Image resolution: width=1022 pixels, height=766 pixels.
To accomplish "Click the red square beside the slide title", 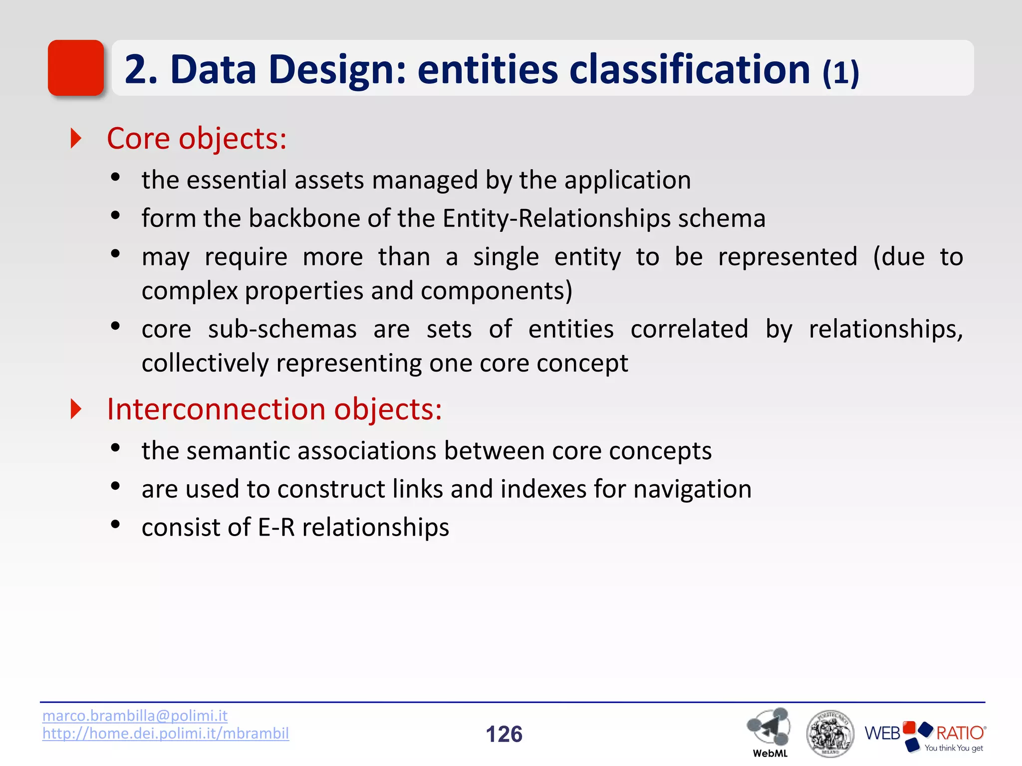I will point(75,68).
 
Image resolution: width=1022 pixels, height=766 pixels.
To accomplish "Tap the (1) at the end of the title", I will point(840,73).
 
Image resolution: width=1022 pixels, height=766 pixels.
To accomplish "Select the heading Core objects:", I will point(197,138).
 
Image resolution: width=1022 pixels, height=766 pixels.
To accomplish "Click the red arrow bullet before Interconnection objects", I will point(76,409).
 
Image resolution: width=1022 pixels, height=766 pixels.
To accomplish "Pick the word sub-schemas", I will point(282,329).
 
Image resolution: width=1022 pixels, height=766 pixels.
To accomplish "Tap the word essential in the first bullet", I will point(237,180).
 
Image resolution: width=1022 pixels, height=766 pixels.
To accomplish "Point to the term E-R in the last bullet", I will point(276,527).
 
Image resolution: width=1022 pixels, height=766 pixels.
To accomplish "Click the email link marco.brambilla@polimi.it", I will point(135,715).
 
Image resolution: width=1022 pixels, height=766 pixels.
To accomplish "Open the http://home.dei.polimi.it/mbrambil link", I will point(165,733).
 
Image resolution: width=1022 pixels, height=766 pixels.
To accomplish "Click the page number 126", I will point(504,734).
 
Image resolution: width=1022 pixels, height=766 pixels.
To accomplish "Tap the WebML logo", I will point(769,731).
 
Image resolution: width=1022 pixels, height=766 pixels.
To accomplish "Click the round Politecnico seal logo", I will point(830,733).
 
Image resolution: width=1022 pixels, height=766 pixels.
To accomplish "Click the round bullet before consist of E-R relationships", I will point(115,524).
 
